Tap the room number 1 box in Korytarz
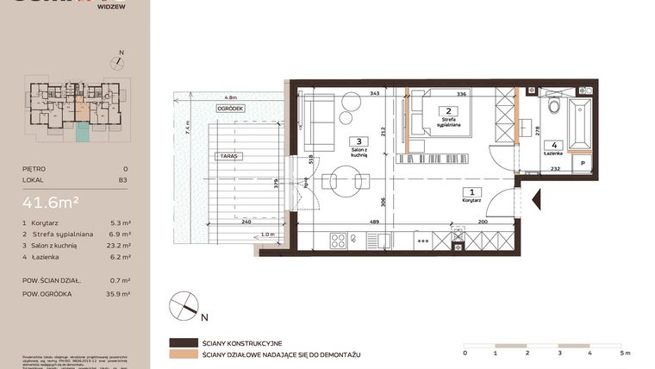pos(471,192)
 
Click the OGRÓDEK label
pos(231,109)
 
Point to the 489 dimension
pos(375,222)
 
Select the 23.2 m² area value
pos(121,246)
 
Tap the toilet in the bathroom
pos(553,109)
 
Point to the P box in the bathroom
pos(583,162)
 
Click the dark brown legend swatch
pos(183,342)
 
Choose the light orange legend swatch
pos(183,354)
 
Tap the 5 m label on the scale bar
pos(624,353)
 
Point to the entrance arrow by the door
pos(538,200)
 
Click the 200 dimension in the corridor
pos(482,222)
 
